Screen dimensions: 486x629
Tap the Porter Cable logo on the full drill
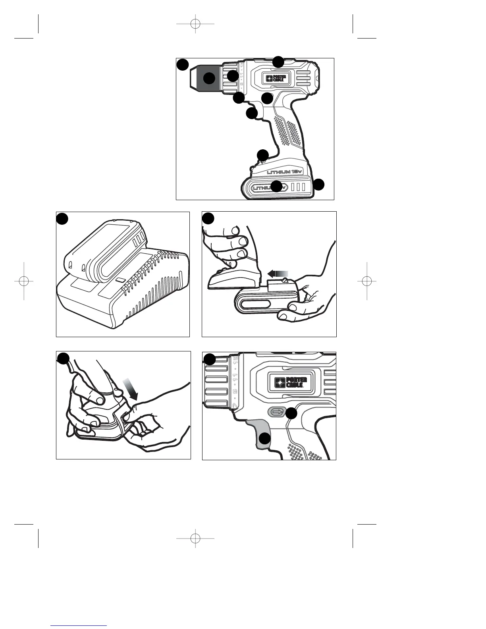[276, 77]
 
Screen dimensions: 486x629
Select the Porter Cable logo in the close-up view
[291, 382]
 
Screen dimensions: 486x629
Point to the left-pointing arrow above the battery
[276, 273]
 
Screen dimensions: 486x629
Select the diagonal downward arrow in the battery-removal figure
[131, 389]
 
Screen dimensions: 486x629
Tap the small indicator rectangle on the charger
[120, 280]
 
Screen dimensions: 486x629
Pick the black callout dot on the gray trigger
[265, 438]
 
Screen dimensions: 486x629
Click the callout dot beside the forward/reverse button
[291, 413]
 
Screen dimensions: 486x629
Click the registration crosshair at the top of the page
[195, 24]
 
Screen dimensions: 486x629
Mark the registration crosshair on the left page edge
[24, 281]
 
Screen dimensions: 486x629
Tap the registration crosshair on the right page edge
[367, 281]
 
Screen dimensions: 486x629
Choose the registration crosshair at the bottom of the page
[195, 538]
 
